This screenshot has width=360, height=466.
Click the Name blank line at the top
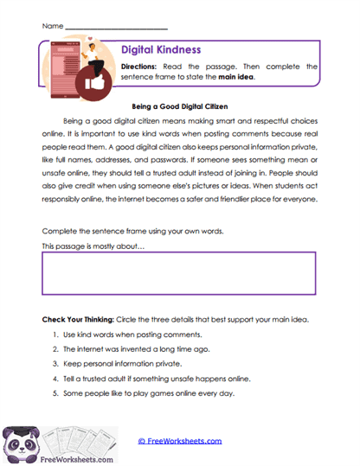pos(116,27)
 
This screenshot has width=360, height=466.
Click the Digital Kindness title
pos(160,51)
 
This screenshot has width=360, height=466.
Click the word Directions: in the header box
pos(138,66)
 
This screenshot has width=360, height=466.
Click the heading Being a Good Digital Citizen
pos(179,107)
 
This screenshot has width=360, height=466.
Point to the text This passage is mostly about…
pos(93,247)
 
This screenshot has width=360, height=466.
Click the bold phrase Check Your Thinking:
pos(79,319)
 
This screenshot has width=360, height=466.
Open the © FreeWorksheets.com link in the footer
pos(180,441)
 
